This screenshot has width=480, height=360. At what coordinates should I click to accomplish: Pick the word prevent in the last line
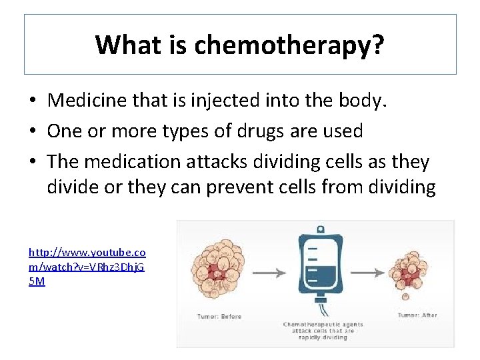pos(239,188)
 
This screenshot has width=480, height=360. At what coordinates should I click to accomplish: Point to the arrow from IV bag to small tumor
pos(374,273)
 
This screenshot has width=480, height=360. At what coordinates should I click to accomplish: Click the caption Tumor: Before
pos(219,316)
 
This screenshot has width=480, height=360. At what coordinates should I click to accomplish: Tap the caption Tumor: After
pos(417,315)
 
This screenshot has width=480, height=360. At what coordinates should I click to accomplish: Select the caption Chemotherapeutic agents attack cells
pos(318,330)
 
